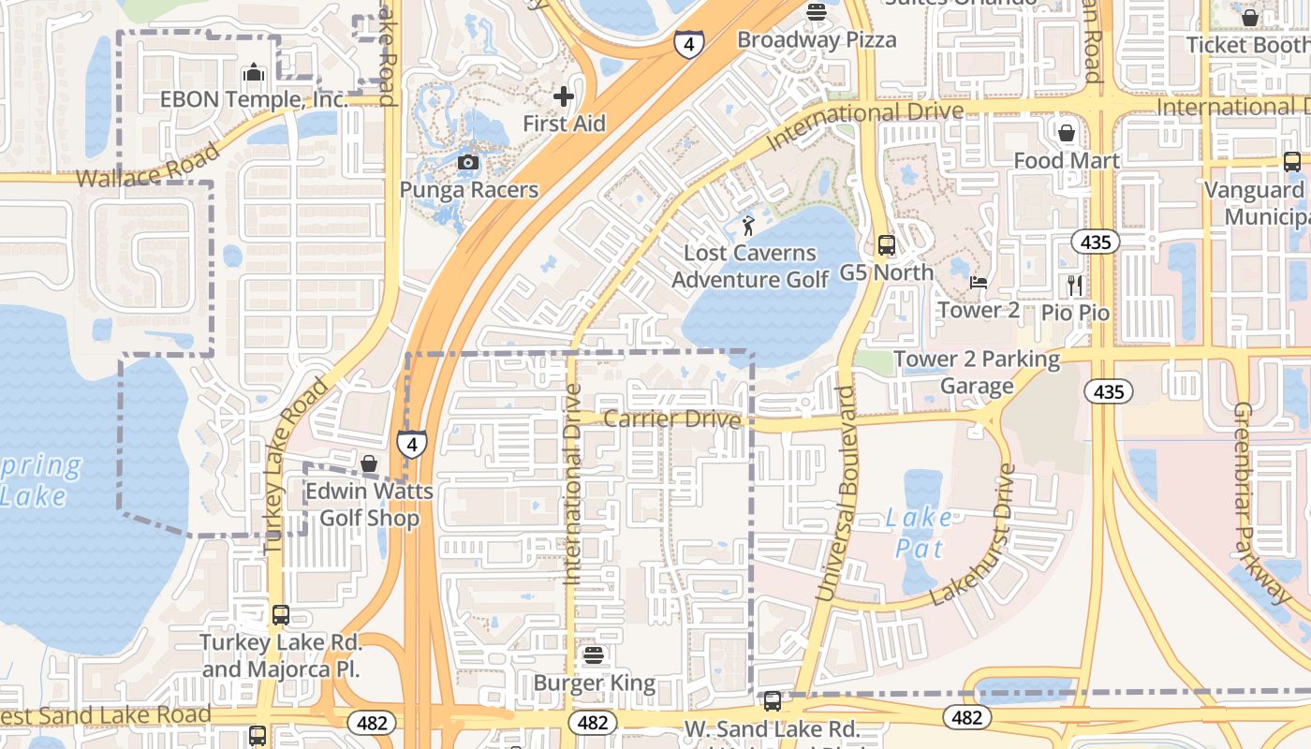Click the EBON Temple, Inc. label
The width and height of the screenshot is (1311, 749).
click(254, 99)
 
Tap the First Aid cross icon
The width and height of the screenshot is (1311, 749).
click(564, 96)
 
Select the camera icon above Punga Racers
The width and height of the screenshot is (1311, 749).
click(468, 163)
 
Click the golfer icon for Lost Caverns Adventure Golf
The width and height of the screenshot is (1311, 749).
click(748, 225)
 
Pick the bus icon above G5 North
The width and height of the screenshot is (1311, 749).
click(886, 246)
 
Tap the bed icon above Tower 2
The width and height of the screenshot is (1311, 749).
click(979, 283)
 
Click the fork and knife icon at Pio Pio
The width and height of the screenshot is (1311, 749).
click(1075, 285)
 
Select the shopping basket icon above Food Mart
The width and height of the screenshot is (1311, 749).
click(1067, 133)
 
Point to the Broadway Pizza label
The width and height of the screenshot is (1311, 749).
click(817, 39)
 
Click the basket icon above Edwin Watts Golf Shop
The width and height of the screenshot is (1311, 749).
click(369, 463)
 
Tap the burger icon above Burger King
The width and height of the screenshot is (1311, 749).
click(593, 655)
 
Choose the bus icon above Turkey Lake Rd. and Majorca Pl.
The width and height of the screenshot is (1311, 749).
click(280, 615)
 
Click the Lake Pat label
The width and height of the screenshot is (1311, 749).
click(919, 532)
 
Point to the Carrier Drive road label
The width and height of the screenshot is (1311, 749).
click(671, 419)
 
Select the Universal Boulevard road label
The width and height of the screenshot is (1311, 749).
click(836, 492)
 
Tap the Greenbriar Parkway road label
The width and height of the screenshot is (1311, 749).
click(1261, 502)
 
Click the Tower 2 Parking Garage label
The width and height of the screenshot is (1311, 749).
click(977, 373)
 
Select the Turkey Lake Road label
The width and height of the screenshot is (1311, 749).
click(297, 464)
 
